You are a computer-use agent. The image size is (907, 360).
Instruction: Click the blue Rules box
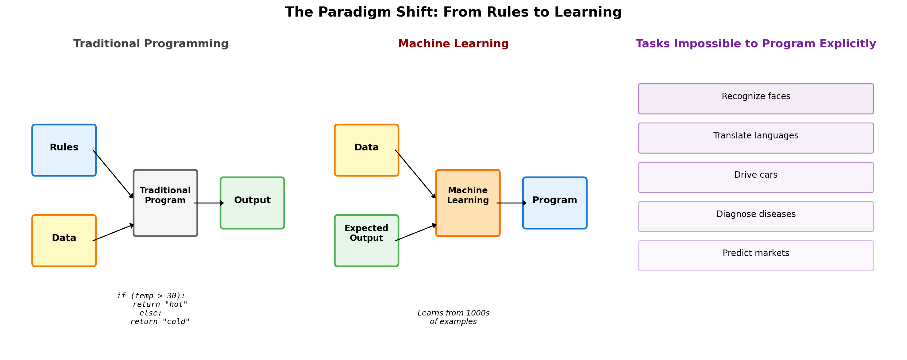64,150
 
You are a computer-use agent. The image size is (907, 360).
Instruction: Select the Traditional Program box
165,203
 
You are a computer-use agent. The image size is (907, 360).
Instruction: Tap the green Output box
253,203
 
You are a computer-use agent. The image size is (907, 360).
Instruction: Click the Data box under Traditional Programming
64,241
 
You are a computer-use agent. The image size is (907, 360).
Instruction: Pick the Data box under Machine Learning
367,150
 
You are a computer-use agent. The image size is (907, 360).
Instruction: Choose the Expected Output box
367,241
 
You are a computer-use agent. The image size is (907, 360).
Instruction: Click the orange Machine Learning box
468,203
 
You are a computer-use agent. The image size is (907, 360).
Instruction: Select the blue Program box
555,203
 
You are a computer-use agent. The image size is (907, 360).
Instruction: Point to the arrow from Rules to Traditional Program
113,174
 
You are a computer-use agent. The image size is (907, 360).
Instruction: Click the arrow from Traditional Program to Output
209,203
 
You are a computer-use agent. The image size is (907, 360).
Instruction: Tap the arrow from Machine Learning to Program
511,203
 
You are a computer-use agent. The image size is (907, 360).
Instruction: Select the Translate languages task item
756,138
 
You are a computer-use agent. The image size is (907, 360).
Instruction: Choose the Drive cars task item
756,177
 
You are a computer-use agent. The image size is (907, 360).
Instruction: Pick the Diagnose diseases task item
756,217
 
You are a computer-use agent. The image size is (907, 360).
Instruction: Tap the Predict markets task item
756,256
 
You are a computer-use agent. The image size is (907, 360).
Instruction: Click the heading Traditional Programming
151,44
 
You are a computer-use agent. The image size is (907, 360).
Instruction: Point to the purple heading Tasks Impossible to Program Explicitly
756,44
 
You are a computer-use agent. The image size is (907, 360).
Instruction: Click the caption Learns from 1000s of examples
453,317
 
